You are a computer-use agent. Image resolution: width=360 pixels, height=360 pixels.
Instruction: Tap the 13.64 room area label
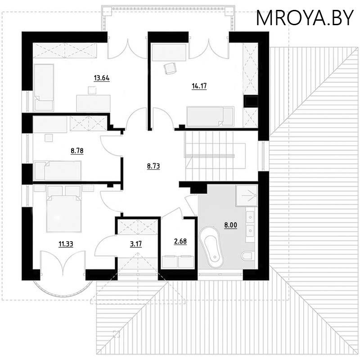[102, 78]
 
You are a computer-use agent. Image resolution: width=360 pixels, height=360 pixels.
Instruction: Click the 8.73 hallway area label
[154, 166]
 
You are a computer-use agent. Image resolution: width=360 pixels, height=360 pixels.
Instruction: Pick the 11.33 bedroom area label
[66, 244]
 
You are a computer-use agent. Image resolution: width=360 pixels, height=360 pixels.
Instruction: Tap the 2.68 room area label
[180, 241]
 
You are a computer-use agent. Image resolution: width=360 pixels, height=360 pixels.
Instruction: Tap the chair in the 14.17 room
[170, 68]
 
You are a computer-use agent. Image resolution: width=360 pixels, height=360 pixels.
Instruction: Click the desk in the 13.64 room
[93, 102]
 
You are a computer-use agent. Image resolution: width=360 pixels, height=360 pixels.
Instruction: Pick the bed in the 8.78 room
[58, 171]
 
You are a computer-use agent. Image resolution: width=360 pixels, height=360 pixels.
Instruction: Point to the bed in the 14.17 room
[210, 116]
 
